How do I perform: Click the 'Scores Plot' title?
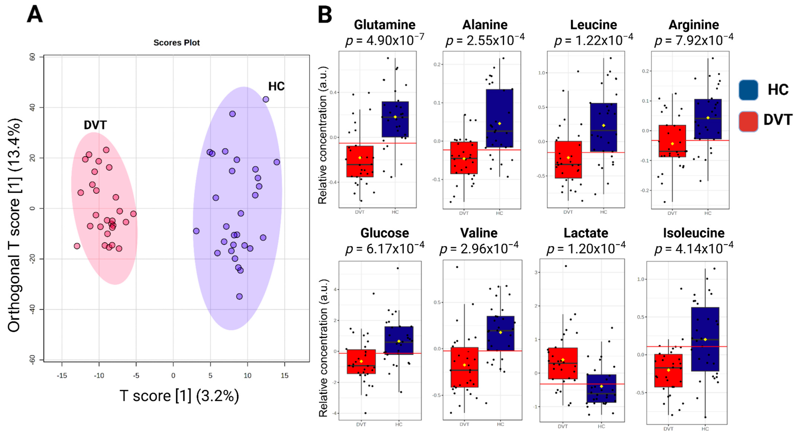tap(177, 43)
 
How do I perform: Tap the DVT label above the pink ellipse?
tap(95, 125)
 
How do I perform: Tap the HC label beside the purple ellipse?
tap(276, 86)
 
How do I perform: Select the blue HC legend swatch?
tap(748, 90)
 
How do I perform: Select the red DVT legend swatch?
tap(748, 121)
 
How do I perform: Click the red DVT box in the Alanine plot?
tap(464, 158)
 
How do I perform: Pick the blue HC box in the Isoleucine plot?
tap(705, 339)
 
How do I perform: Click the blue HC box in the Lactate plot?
tap(601, 389)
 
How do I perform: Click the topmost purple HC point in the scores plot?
tap(266, 99)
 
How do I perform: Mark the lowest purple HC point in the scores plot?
tap(239, 297)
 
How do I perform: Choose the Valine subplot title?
tap(479, 233)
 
